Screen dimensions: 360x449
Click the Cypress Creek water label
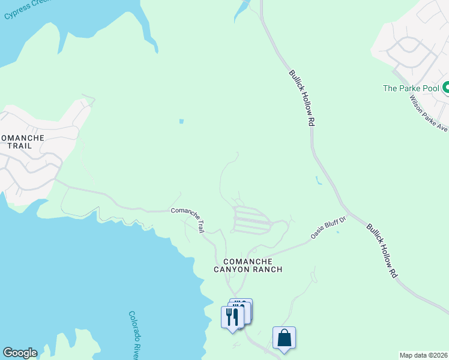point(26,9)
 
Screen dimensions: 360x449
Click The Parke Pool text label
point(411,88)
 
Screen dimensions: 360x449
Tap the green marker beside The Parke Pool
point(446,89)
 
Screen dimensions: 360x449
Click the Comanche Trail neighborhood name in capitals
point(22,142)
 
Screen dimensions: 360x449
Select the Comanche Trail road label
point(188,218)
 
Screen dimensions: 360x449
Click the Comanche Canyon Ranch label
point(248,265)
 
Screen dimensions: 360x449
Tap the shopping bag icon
point(284,337)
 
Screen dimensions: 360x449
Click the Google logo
point(20,353)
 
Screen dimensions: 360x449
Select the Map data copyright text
point(423,355)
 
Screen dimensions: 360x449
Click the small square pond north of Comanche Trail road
point(181,121)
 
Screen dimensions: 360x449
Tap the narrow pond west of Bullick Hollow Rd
point(318,179)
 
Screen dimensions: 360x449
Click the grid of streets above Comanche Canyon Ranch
point(252,220)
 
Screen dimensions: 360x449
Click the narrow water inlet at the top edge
point(243,8)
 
